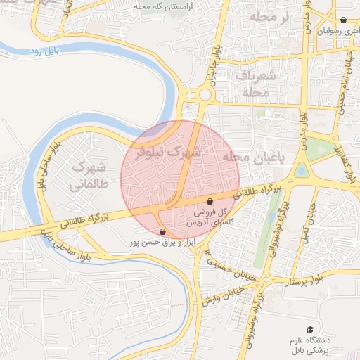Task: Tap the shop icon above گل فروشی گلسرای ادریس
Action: (x=210, y=202)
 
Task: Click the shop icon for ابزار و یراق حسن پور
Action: (x=163, y=231)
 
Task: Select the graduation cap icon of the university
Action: (x=309, y=329)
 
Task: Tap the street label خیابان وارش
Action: (x=223, y=296)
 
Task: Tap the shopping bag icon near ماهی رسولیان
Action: (x=342, y=20)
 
